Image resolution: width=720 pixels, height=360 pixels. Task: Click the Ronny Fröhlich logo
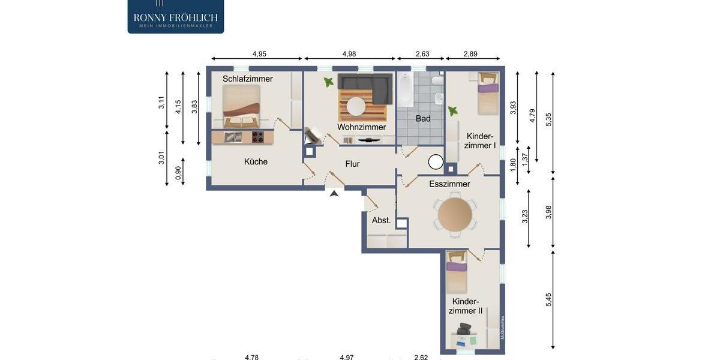175,17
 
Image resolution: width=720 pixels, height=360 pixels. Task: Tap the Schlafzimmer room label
247,79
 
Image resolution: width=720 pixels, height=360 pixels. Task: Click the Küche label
256,161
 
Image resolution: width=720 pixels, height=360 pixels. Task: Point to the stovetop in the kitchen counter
257,137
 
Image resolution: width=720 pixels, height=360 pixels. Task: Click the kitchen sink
232,137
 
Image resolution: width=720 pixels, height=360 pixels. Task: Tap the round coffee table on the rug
356,106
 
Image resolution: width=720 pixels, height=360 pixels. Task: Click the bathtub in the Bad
406,90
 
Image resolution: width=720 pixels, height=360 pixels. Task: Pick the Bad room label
423,118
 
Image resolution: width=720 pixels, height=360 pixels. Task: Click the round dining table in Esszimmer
455,214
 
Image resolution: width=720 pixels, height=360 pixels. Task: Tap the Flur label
352,164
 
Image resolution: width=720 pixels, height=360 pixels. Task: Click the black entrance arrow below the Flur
334,193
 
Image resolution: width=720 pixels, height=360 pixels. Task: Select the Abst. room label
381,220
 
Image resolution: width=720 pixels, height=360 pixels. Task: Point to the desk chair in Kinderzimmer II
464,328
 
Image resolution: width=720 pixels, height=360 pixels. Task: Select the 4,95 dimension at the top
259,54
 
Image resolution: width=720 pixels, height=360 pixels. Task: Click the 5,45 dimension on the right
548,299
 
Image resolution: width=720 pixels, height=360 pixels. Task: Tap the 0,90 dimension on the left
178,173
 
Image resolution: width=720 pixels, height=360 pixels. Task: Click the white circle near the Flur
436,162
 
